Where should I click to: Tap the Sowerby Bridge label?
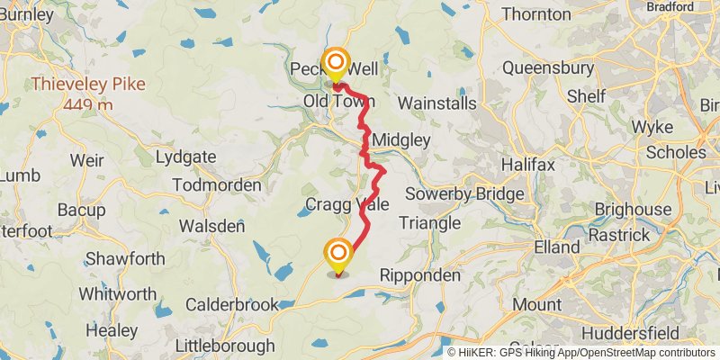pyautogui.click(x=464, y=193)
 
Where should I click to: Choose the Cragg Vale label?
pyautogui.click(x=347, y=204)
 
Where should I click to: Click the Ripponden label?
pyautogui.click(x=420, y=274)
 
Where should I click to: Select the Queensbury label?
pyautogui.click(x=547, y=67)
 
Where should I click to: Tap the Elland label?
pyautogui.click(x=556, y=246)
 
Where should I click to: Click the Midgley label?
pyautogui.click(x=401, y=140)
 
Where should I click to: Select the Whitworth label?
pyautogui.click(x=117, y=294)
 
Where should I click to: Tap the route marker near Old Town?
pyautogui.click(x=337, y=64)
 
